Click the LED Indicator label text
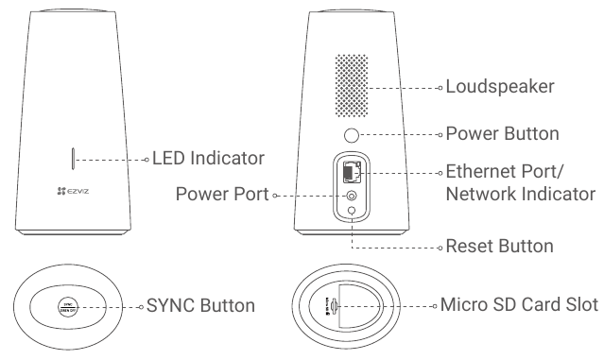coord(209,157)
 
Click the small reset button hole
coord(353,214)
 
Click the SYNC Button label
coord(201,306)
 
